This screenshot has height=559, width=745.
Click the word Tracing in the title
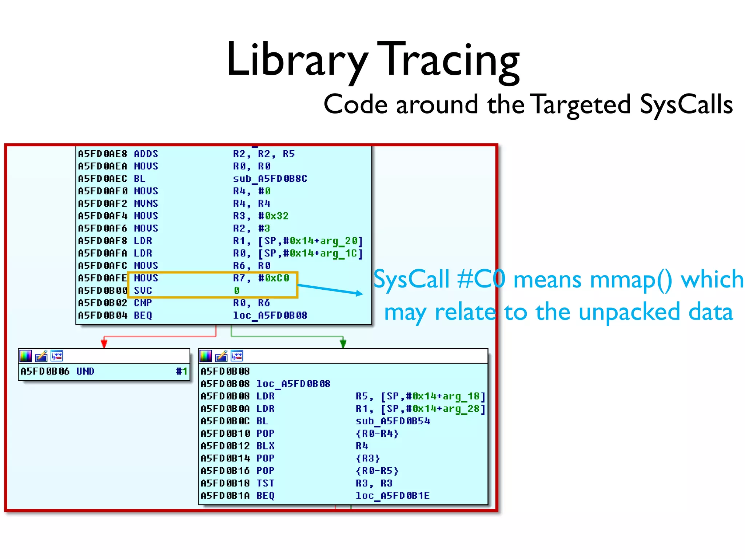[448, 60]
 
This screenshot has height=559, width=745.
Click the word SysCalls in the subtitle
[686, 105]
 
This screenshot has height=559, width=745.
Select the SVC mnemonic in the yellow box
[143, 290]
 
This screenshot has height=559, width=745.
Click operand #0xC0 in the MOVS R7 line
[274, 278]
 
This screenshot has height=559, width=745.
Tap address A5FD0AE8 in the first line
[103, 154]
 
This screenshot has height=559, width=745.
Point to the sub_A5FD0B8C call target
[270, 179]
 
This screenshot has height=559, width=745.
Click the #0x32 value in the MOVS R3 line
[273, 216]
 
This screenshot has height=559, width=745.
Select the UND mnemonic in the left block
[85, 371]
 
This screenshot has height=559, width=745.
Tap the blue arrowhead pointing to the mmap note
[359, 293]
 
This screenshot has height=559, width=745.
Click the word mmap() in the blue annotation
[631, 280]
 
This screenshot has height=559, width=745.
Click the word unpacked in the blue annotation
[629, 312]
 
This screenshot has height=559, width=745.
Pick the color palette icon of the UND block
[26, 356]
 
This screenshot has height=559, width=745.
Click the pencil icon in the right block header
[221, 356]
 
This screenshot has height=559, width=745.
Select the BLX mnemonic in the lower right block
[266, 446]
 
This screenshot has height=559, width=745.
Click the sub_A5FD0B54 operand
[393, 421]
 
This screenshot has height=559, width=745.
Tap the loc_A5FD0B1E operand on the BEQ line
[393, 496]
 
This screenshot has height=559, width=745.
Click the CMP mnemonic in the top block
[143, 303]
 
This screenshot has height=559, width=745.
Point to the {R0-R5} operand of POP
[377, 471]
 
